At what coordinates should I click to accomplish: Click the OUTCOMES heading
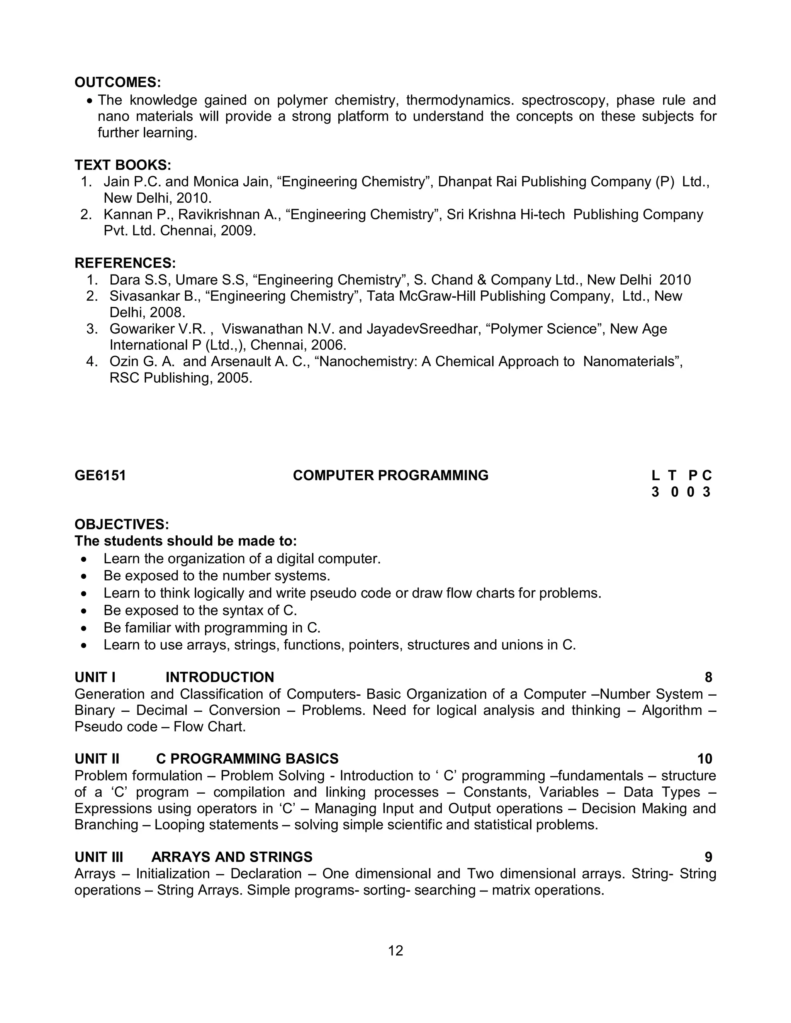118,83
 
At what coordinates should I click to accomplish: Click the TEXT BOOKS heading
123,165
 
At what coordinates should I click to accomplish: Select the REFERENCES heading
125,263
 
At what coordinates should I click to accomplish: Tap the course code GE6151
100,476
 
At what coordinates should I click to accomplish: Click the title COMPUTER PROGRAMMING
390,476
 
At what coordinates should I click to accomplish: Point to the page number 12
395,950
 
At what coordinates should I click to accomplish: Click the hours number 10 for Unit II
704,759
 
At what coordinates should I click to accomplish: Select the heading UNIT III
99,857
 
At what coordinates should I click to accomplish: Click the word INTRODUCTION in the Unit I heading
220,677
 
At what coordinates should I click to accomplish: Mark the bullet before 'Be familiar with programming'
84,628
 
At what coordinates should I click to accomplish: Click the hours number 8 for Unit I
708,677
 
